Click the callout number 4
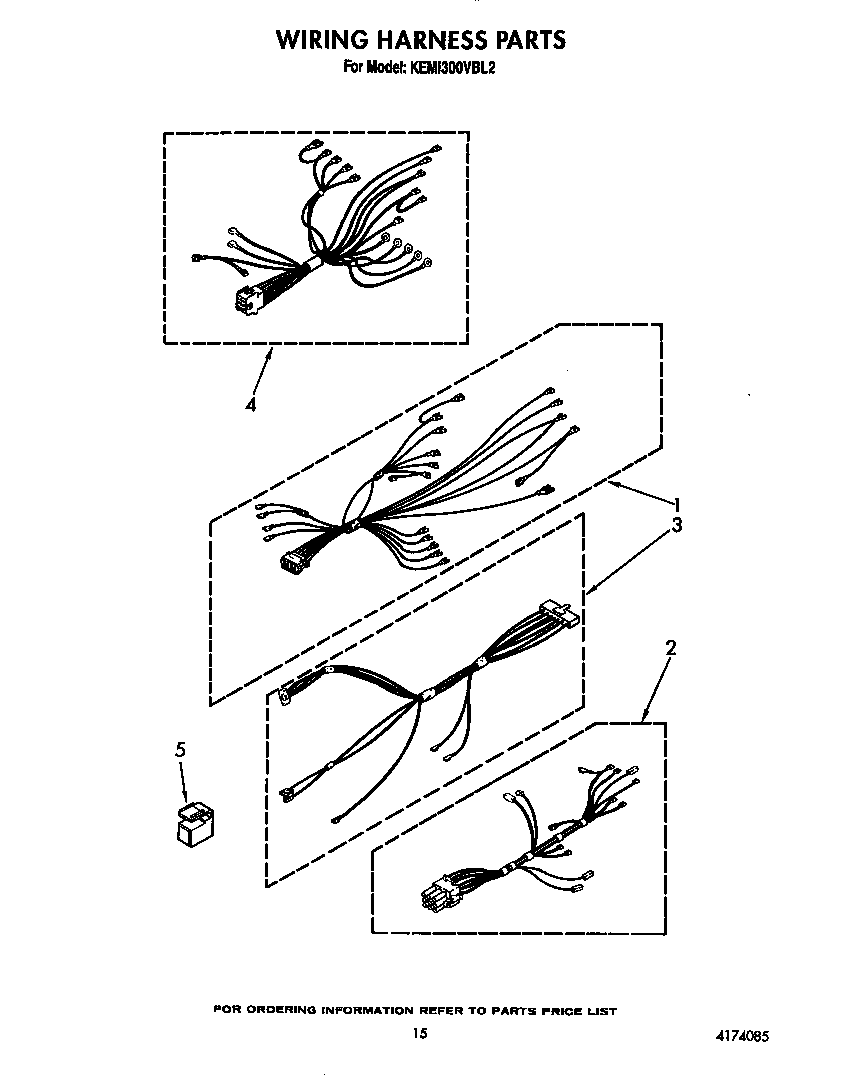[x=250, y=405]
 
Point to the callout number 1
[x=677, y=504]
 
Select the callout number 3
[x=677, y=526]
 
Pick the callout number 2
[x=670, y=648]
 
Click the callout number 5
[x=180, y=750]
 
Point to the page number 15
[x=420, y=1033]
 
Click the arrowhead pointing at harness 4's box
[x=270, y=350]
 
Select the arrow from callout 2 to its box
[x=652, y=690]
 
